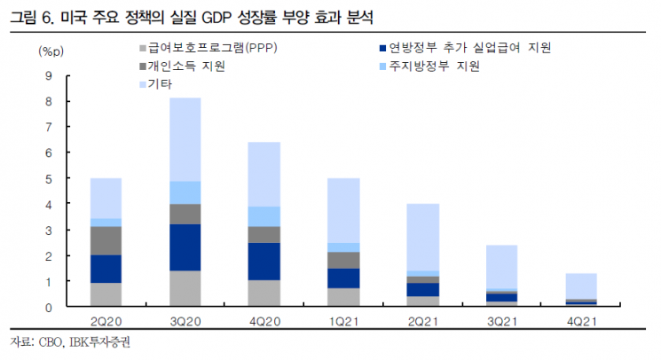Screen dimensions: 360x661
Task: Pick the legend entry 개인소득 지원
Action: click(183, 67)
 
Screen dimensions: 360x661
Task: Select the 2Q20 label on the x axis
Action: click(106, 320)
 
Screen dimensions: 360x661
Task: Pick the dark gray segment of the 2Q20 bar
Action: click(106, 240)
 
